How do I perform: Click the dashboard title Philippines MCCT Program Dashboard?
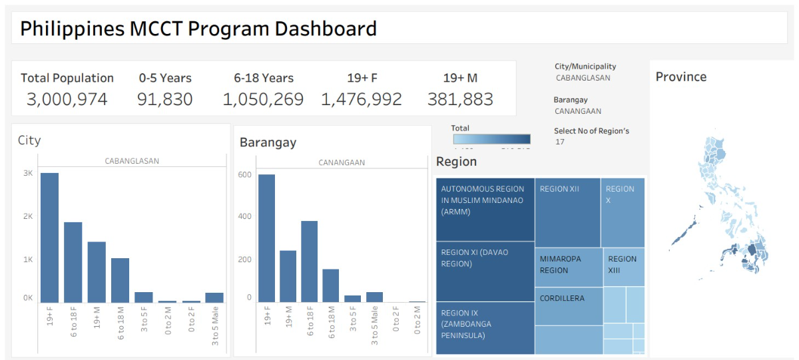(x=198, y=29)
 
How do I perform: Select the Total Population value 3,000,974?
(x=67, y=100)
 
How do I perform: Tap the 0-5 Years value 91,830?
(x=164, y=100)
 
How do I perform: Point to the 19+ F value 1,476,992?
(x=362, y=100)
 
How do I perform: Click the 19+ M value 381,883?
(x=460, y=100)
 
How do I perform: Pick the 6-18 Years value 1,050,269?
(x=263, y=100)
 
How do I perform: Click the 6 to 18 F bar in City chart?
(x=73, y=262)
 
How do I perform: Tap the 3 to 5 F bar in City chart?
(x=143, y=297)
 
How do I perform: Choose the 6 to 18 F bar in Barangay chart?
(x=309, y=262)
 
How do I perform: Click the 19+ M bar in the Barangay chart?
(x=288, y=276)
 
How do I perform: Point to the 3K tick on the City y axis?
(x=28, y=173)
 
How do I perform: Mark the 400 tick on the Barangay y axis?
(x=245, y=216)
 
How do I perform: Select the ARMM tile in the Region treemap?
(x=485, y=209)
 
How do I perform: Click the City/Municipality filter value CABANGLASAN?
(x=583, y=78)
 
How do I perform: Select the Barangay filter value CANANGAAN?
(x=578, y=111)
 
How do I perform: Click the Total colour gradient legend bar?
(x=491, y=139)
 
